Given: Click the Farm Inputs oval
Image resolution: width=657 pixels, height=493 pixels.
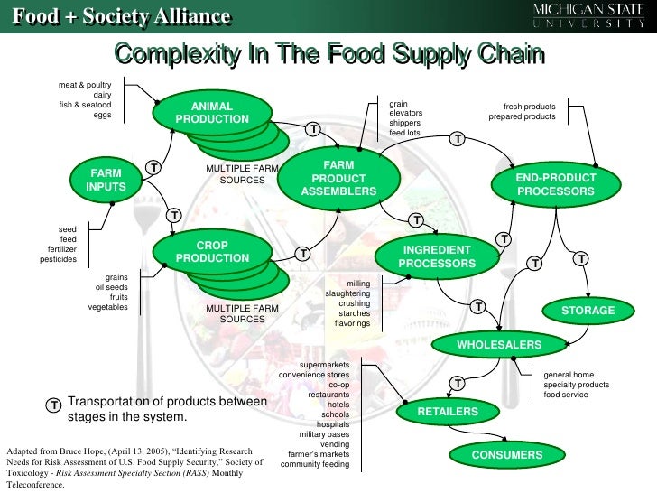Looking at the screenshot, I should pyautogui.click(x=106, y=179).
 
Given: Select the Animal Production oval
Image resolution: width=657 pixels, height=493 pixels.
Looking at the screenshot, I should pyautogui.click(x=212, y=113).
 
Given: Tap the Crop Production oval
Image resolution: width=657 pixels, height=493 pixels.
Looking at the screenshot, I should pyautogui.click(x=212, y=252).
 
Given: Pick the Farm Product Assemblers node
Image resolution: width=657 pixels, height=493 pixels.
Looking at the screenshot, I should pyautogui.click(x=338, y=178).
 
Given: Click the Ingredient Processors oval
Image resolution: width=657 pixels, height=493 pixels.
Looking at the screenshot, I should pyautogui.click(x=437, y=256).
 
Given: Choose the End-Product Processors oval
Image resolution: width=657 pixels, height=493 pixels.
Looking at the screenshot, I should pyautogui.click(x=556, y=185).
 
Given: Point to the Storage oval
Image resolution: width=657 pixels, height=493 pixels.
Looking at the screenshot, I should pyautogui.click(x=588, y=311).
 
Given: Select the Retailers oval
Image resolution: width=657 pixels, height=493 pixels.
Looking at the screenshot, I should pyautogui.click(x=448, y=412).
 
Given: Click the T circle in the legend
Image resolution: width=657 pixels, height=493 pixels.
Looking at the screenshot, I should pyautogui.click(x=54, y=405).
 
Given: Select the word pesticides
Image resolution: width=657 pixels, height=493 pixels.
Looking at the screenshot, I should pyautogui.click(x=59, y=259).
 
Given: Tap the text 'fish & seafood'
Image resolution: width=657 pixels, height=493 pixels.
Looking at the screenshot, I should pyautogui.click(x=86, y=105).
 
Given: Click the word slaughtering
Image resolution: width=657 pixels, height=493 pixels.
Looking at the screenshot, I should pyautogui.click(x=347, y=293).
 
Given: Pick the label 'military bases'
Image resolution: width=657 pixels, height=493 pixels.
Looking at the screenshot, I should pyautogui.click(x=324, y=434).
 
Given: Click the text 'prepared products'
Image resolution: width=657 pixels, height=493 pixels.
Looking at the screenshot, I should pyautogui.click(x=522, y=116).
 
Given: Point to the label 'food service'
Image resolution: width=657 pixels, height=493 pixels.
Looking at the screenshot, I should pyautogui.click(x=566, y=395).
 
